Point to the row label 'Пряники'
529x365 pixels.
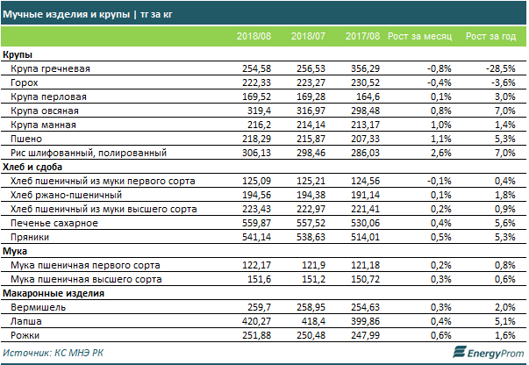pyautogui.click(x=32, y=237)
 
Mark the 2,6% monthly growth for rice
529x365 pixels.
pyautogui.click(x=439, y=152)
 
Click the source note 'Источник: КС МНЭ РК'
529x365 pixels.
pyautogui.click(x=55, y=354)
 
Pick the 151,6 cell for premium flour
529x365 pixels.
pyautogui.click(x=261, y=279)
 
